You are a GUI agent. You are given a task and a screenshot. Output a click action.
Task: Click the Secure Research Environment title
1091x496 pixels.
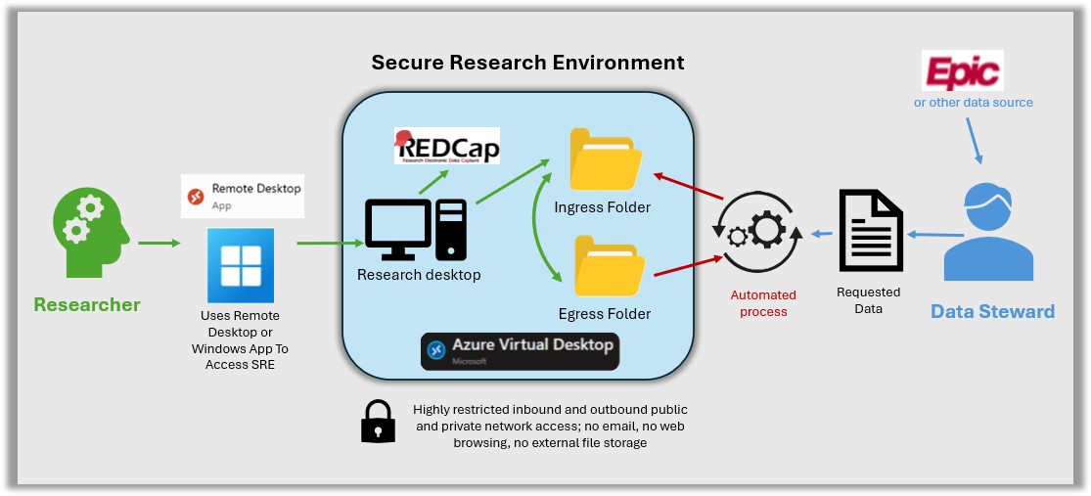click(527, 63)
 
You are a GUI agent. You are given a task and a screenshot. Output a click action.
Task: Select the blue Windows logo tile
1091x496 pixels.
click(242, 266)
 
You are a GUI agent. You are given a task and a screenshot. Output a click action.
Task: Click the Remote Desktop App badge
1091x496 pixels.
click(243, 196)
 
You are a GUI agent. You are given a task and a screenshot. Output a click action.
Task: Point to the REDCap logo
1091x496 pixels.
click(447, 146)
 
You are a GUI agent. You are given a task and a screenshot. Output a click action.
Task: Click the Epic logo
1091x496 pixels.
click(964, 71)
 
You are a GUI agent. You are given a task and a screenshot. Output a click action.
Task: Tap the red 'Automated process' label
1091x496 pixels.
click(763, 303)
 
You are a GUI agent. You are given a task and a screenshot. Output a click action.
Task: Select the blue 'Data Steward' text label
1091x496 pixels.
click(992, 312)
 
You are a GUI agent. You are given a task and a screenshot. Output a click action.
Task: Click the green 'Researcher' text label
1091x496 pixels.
click(87, 305)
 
